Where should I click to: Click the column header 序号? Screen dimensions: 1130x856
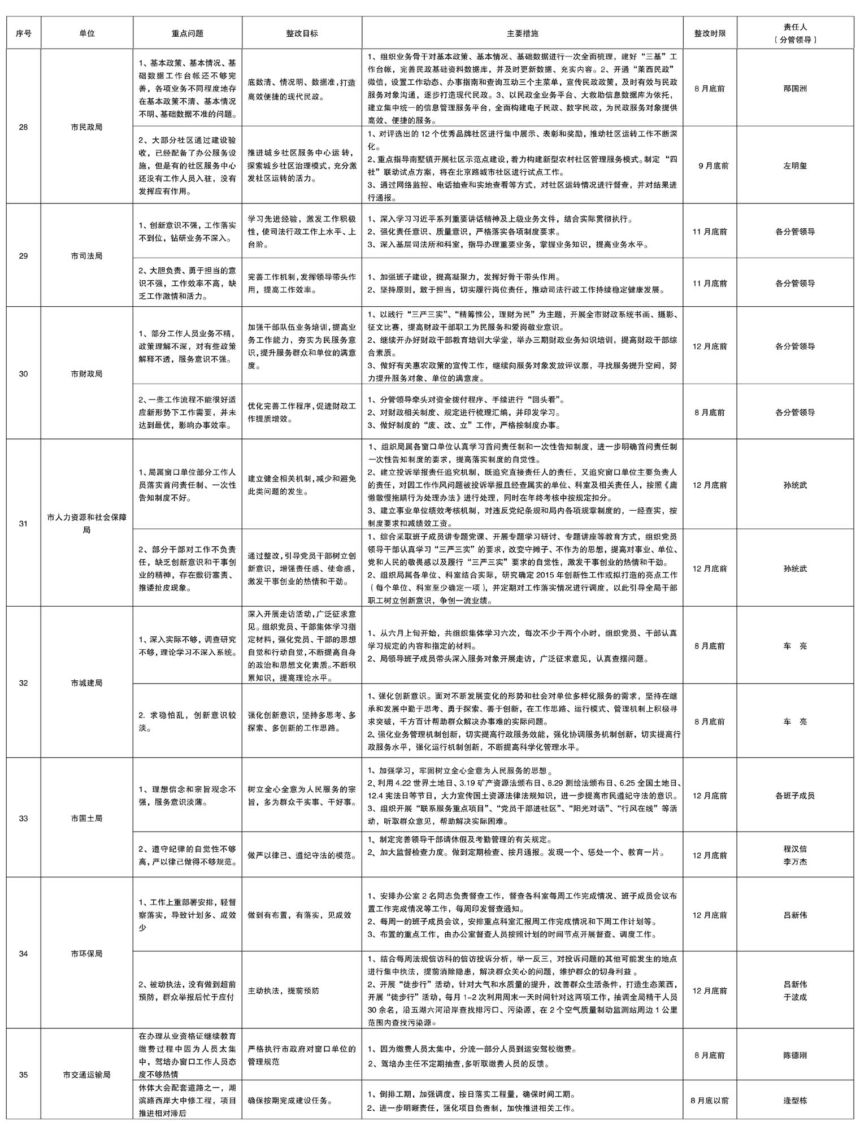pos(23,33)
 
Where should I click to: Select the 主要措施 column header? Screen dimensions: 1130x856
pos(522,33)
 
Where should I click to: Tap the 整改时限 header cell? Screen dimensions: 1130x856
pos(709,33)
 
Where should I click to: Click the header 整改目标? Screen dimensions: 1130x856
pos(302,33)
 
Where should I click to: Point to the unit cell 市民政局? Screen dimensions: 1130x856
pos(86,127)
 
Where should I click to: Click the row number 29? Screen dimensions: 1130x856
pos(23,256)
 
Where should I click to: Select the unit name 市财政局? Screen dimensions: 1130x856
pos(86,374)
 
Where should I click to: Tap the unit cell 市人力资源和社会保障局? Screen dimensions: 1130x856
pos(86,523)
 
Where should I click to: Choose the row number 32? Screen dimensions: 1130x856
pos(23,683)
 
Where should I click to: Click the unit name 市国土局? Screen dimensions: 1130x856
pos(86,818)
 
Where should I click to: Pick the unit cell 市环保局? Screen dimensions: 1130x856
pos(86,954)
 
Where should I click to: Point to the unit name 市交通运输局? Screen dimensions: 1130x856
pos(86,1075)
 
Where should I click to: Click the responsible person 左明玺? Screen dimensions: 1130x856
pos(795,166)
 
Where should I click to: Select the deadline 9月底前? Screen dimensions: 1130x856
pos(713,166)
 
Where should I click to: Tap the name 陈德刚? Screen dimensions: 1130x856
pos(795,1055)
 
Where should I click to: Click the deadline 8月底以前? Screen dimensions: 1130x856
pos(709,1101)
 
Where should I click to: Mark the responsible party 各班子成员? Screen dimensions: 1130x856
pos(795,796)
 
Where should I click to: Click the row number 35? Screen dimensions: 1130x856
pos(23,1075)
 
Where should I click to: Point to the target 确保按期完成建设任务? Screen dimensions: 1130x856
pos(290,1101)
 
